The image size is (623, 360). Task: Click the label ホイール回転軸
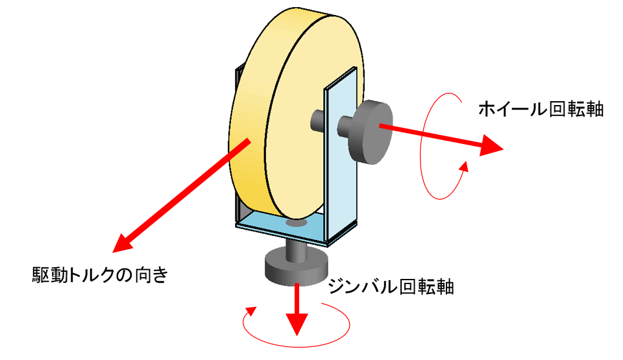(541, 109)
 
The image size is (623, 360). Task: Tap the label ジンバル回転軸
(391, 287)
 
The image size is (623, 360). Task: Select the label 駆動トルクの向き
(100, 274)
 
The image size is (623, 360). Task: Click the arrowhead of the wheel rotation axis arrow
(491, 145)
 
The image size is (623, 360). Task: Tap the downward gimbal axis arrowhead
(297, 324)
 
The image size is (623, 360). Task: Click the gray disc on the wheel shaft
(371, 132)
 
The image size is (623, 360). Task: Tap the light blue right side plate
(341, 155)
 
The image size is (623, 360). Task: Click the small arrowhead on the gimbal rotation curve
(250, 311)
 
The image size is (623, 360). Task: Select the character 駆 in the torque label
(41, 274)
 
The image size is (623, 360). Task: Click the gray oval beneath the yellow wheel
(297, 222)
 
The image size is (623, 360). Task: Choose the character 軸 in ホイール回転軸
(595, 109)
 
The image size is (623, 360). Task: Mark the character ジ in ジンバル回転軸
(337, 287)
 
